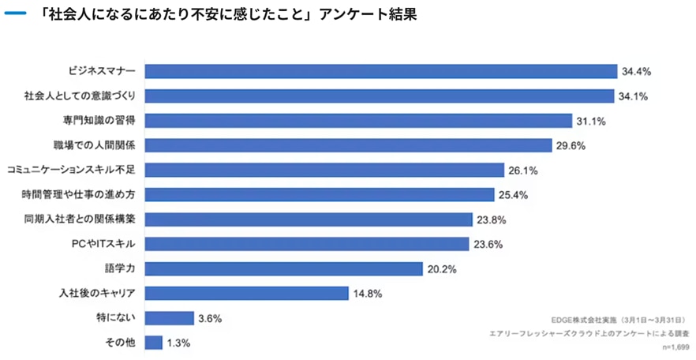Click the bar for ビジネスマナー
380,71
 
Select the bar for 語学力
283,268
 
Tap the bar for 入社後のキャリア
246,294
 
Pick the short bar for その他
154,343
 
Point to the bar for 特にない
169,318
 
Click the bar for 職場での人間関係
348,145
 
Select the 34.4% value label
636,72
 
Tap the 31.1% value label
591,121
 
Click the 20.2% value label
442,269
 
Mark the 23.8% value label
489,219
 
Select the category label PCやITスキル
103,244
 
